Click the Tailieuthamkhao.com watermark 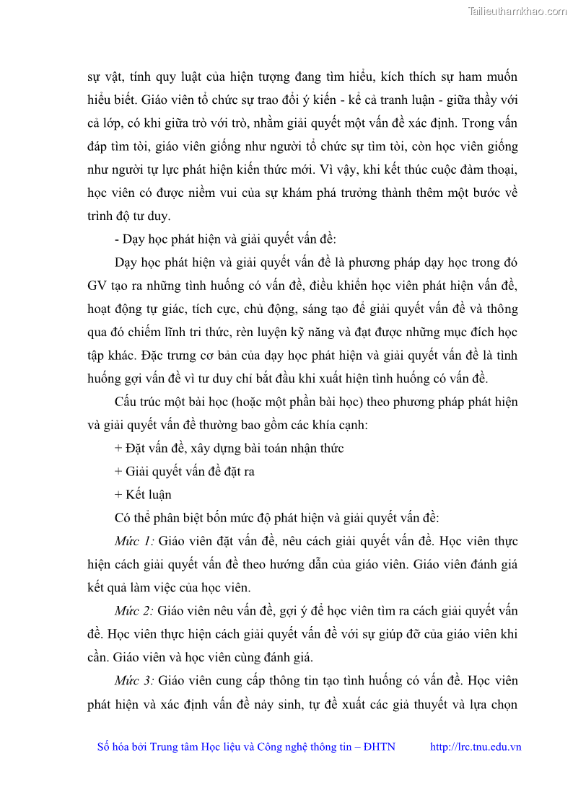click(x=517, y=11)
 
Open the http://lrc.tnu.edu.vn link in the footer click(x=476, y=747)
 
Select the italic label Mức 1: click(x=134, y=541)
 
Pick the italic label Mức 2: click(x=134, y=611)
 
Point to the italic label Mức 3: click(x=134, y=681)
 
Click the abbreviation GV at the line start click(x=97, y=286)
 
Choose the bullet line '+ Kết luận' click(x=143, y=495)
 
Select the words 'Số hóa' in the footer click(x=114, y=747)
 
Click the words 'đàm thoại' click(x=493, y=170)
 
